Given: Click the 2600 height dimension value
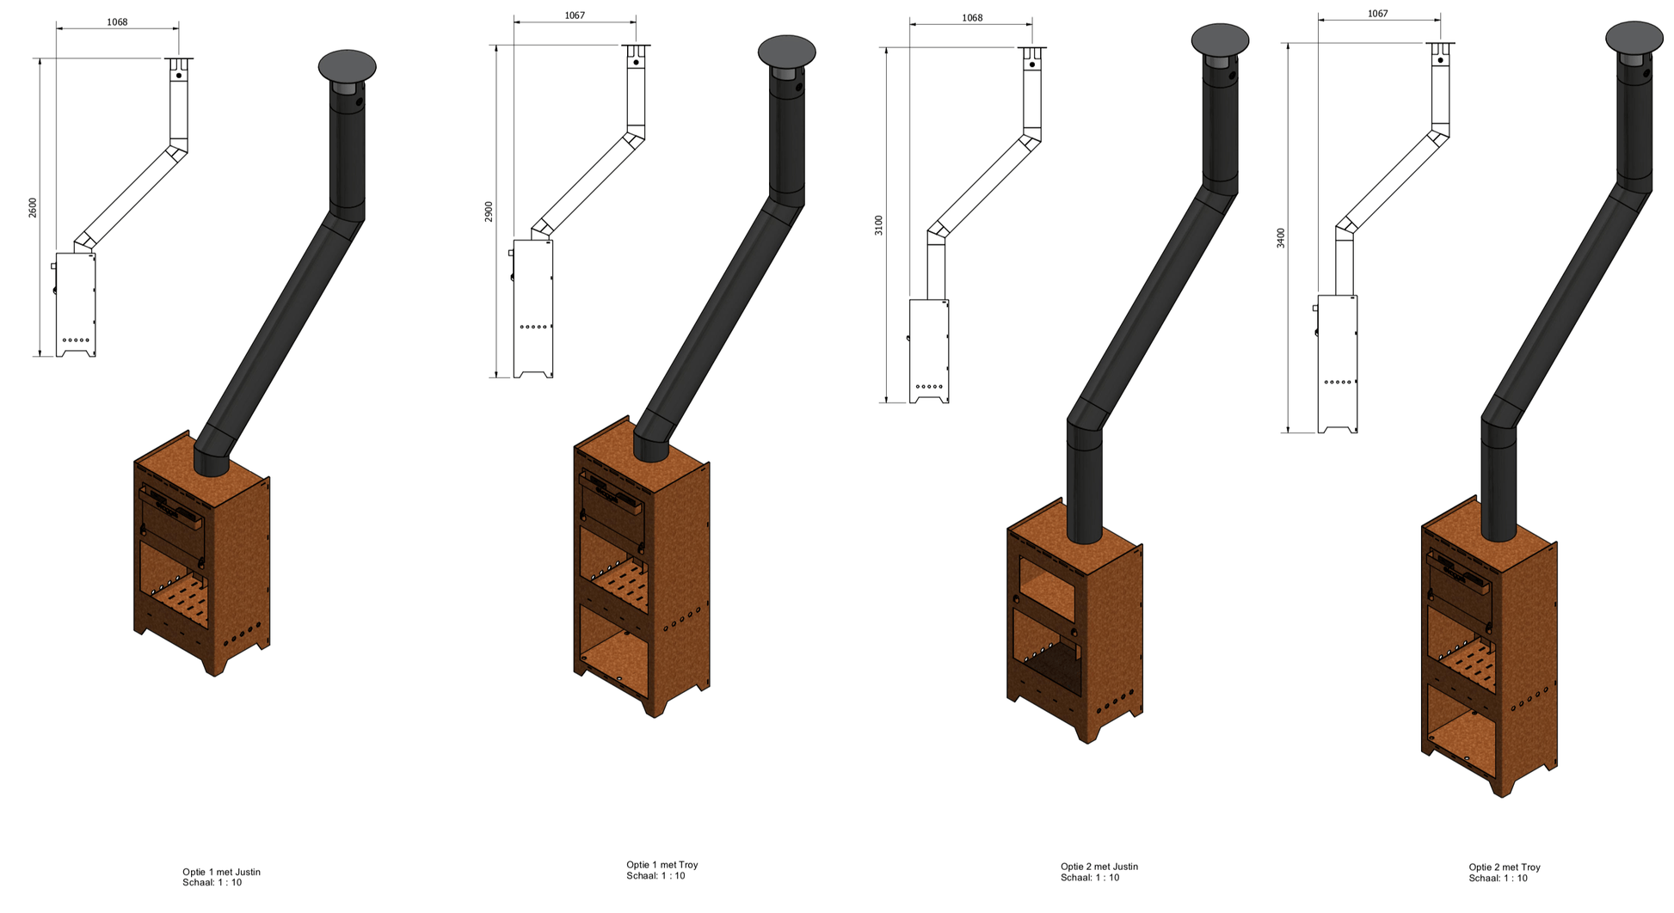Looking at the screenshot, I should pos(33,207).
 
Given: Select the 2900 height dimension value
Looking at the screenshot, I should pos(489,211).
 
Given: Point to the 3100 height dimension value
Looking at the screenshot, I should pos(878,225).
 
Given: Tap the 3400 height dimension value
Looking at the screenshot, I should pos(1280,238).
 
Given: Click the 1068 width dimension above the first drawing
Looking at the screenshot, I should pos(117,21).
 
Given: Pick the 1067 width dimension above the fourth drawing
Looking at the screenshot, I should pos(1377,14).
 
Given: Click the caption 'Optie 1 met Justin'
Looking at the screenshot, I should pos(221,872).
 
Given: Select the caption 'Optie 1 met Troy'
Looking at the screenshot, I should pos(662,865).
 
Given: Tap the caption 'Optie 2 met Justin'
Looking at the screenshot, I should pos(1099,867).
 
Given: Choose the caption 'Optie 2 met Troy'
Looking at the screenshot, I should pos(1504,867).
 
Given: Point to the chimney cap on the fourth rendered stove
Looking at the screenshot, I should pos(1634,38).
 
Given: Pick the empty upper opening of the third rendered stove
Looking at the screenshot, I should pos(1048,586).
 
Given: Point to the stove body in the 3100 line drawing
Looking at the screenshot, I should pos(929,348).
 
